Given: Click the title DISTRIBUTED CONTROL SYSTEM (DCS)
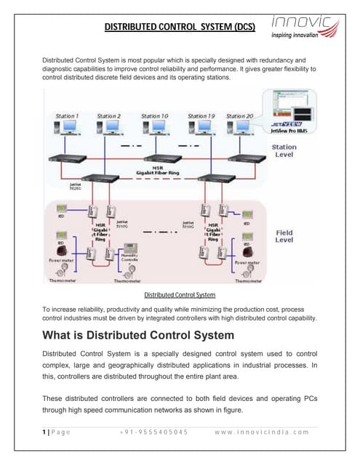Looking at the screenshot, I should [180, 27].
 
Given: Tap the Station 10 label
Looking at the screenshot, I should [154, 116].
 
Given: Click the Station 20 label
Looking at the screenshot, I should [239, 116].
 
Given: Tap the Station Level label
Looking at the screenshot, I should [284, 150].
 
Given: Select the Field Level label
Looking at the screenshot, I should [284, 236].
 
